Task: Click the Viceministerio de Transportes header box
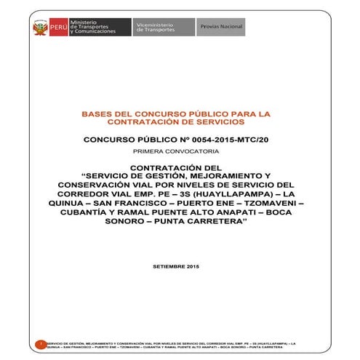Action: pos(155,28)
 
